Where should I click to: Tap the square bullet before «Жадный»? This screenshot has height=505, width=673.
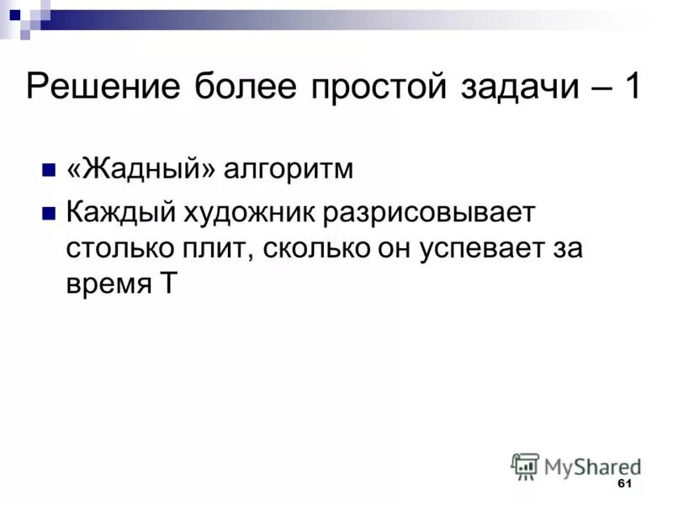[x=48, y=168]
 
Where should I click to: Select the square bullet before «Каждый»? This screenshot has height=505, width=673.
[x=48, y=211]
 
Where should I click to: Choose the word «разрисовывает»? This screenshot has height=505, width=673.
[x=427, y=212]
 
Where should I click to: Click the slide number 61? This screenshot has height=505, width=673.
[x=623, y=484]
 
